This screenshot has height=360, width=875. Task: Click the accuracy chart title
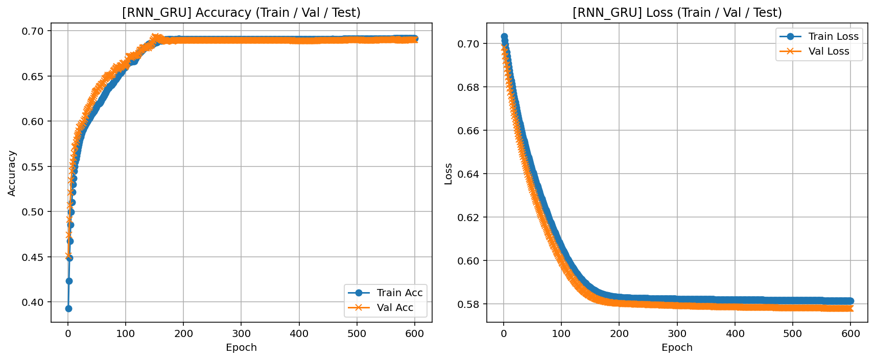(241, 13)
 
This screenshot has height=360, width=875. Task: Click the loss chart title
(677, 13)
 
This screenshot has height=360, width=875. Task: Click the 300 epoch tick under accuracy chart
(241, 334)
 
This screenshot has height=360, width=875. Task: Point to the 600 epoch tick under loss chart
(850, 334)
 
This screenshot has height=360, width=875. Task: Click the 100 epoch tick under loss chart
(561, 334)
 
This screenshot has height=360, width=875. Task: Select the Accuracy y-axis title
(12, 173)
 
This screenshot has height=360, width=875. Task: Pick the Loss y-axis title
(448, 174)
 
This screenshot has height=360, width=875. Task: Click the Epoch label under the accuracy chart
(241, 348)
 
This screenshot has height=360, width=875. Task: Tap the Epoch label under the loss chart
(677, 348)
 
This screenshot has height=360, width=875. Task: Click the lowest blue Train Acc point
(68, 308)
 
